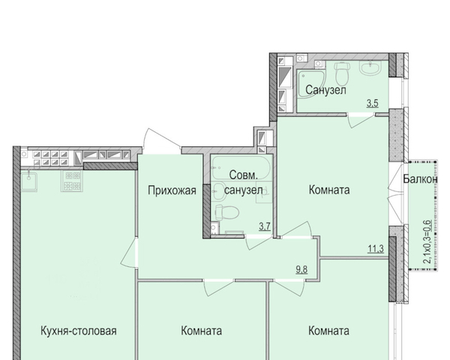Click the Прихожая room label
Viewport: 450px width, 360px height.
172,190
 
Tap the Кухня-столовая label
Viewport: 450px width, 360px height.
79,331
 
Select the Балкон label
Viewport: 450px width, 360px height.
420,178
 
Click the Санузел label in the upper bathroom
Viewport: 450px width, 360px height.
325,90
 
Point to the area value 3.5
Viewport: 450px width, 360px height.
373,103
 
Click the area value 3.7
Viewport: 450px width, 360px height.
265,226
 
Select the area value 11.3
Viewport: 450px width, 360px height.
376,248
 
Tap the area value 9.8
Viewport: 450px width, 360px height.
301,269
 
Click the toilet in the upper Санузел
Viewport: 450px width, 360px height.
342,72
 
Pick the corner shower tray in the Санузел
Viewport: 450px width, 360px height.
310,84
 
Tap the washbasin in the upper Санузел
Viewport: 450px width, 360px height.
370,68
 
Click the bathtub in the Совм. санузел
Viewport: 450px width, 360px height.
241,167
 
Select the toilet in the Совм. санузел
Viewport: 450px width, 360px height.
226,212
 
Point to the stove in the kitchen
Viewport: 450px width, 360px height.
72,181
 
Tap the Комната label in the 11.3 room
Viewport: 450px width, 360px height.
329,190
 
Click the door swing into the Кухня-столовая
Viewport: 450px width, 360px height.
129,253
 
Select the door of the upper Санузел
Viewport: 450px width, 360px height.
361,121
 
